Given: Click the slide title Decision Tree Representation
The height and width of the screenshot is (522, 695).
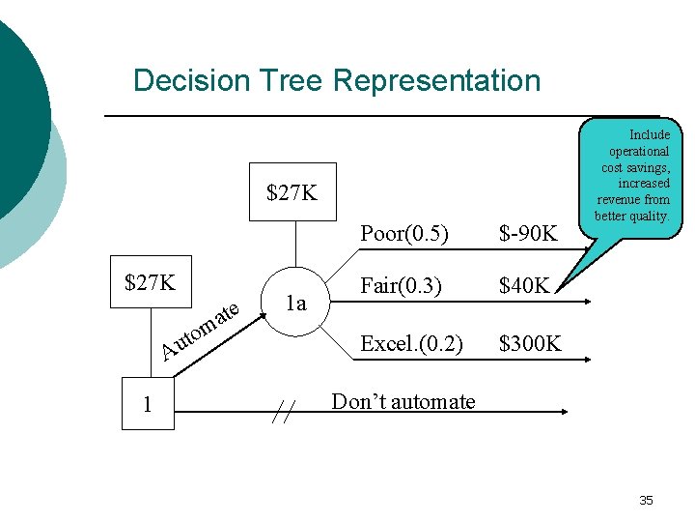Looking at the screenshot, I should (x=337, y=80).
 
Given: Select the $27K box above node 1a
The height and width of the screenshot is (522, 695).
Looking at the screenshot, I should (x=292, y=192).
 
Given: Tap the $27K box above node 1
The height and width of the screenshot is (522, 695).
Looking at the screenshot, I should (x=152, y=282).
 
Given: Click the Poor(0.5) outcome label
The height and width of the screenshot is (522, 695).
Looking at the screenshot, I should (x=403, y=233).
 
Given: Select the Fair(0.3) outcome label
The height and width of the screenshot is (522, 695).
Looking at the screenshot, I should (x=402, y=286).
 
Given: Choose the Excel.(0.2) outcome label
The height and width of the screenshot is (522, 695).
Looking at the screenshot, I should (x=411, y=343).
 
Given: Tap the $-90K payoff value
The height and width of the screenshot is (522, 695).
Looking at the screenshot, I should (x=528, y=234).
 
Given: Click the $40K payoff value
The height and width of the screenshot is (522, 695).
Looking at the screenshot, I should (x=523, y=287).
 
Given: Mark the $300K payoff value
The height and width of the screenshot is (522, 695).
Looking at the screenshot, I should (x=529, y=344).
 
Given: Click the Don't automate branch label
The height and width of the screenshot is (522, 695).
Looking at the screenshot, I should (x=403, y=401).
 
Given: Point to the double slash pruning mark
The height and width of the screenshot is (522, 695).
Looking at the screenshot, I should (x=282, y=413).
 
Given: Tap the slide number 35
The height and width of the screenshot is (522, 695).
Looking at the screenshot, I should (x=646, y=500).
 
